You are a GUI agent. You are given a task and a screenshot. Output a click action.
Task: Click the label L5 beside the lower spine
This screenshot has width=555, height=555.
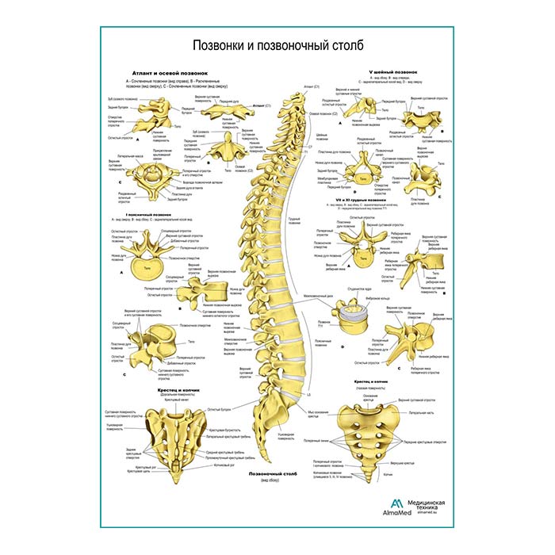[x=309, y=394]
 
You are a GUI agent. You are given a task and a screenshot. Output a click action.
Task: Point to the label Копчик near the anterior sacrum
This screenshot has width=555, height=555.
[x=388, y=474]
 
